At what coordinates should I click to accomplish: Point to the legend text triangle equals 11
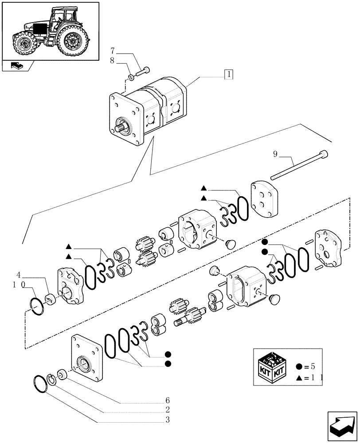[x=309, y=377]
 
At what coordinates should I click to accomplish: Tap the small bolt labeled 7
[x=143, y=71]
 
